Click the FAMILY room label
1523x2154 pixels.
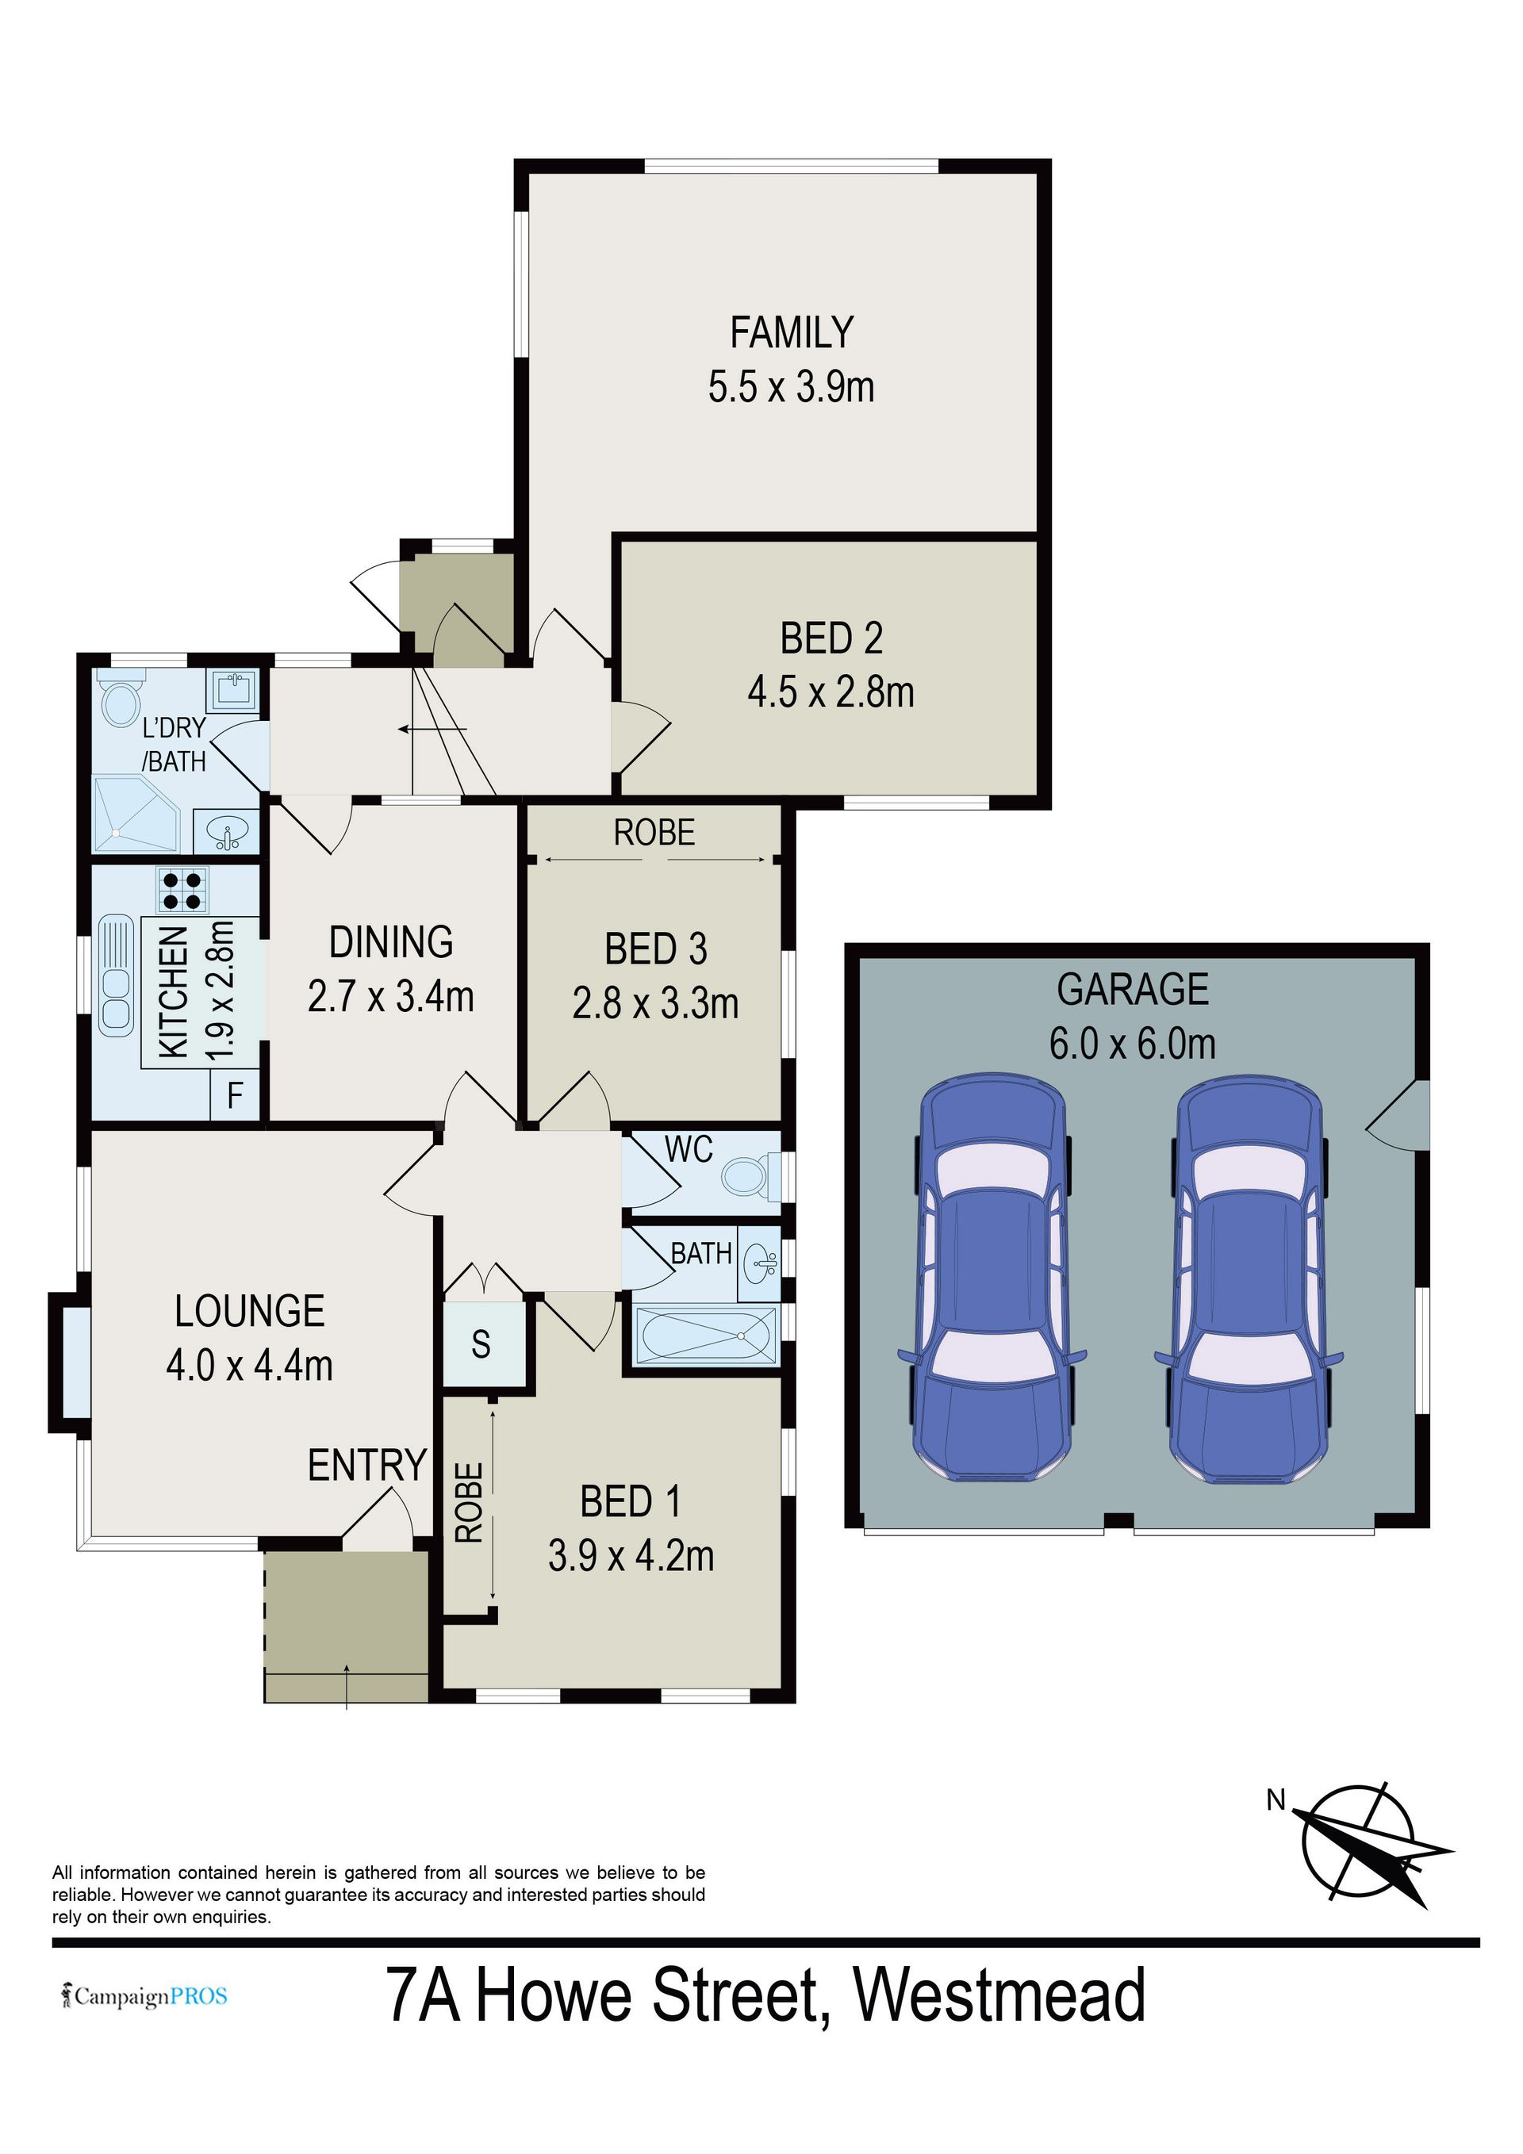tap(792, 332)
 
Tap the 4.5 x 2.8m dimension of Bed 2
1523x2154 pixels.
tap(831, 692)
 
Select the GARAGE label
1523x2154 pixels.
tap(1133, 990)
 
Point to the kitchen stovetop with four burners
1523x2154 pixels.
tap(183, 891)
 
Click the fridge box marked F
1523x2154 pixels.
tap(235, 1096)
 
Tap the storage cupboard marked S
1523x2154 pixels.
tap(482, 1344)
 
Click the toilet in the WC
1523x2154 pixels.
tap(750, 1175)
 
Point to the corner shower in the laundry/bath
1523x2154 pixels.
tap(137, 812)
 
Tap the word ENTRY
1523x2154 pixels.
tap(367, 1466)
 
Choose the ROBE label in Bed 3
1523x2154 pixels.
tap(654, 832)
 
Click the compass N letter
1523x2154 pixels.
tap(1276, 1799)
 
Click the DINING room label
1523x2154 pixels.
tap(390, 943)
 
